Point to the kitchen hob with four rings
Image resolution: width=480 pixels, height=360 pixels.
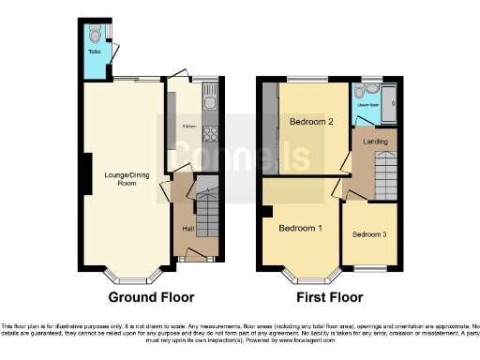(x=211, y=134)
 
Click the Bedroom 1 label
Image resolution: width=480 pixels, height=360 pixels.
(x=300, y=228)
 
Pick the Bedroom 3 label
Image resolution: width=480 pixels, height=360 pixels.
(x=369, y=234)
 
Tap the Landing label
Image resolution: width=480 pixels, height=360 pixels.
(x=375, y=142)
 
